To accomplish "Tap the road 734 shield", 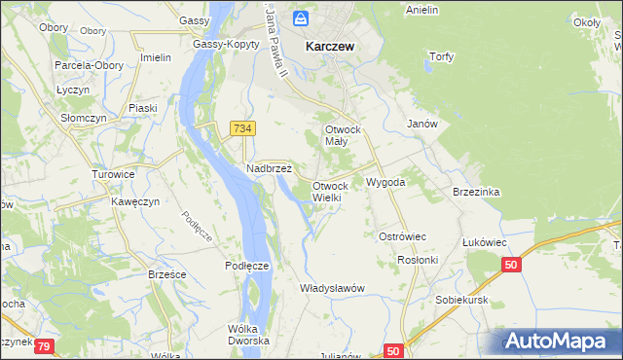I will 242,128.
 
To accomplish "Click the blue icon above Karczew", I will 302,18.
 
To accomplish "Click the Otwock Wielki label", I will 330,191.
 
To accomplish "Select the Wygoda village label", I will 385,182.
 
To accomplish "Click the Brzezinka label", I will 476,192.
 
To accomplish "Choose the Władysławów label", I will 332,288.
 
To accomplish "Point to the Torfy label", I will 441,56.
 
